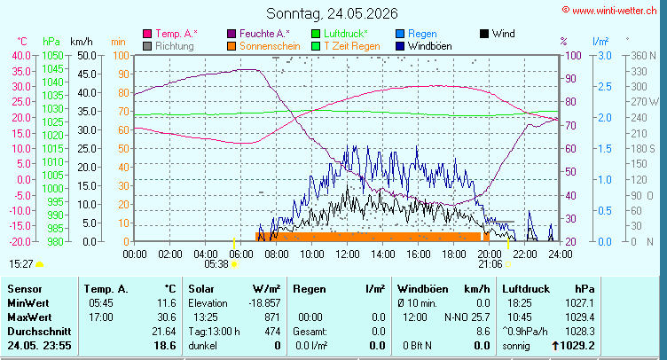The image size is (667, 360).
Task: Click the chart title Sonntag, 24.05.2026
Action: point(332,13)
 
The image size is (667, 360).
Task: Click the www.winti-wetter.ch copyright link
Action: point(609,11)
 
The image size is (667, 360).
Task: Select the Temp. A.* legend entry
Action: point(170,34)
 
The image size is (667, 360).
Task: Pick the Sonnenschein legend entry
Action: point(263,46)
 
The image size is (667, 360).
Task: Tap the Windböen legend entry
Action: point(424,46)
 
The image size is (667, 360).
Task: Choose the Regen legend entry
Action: point(417,34)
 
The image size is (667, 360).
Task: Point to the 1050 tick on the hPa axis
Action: point(52,55)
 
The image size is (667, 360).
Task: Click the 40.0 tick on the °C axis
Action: point(21,55)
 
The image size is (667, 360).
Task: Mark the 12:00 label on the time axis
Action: point(348,254)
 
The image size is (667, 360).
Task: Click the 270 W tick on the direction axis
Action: point(645,102)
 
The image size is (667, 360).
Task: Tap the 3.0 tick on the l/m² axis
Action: point(605,55)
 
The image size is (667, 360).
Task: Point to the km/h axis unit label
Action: point(82,42)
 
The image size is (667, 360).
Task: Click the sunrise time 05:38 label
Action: point(216,264)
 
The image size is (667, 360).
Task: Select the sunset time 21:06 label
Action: point(490,264)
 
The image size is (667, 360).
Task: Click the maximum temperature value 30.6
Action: point(167,317)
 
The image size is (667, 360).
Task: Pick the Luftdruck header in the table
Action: point(526,289)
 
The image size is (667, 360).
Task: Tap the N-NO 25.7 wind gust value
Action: point(467,317)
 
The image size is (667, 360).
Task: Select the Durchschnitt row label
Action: point(39,332)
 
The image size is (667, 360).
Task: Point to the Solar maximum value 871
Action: point(272,317)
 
